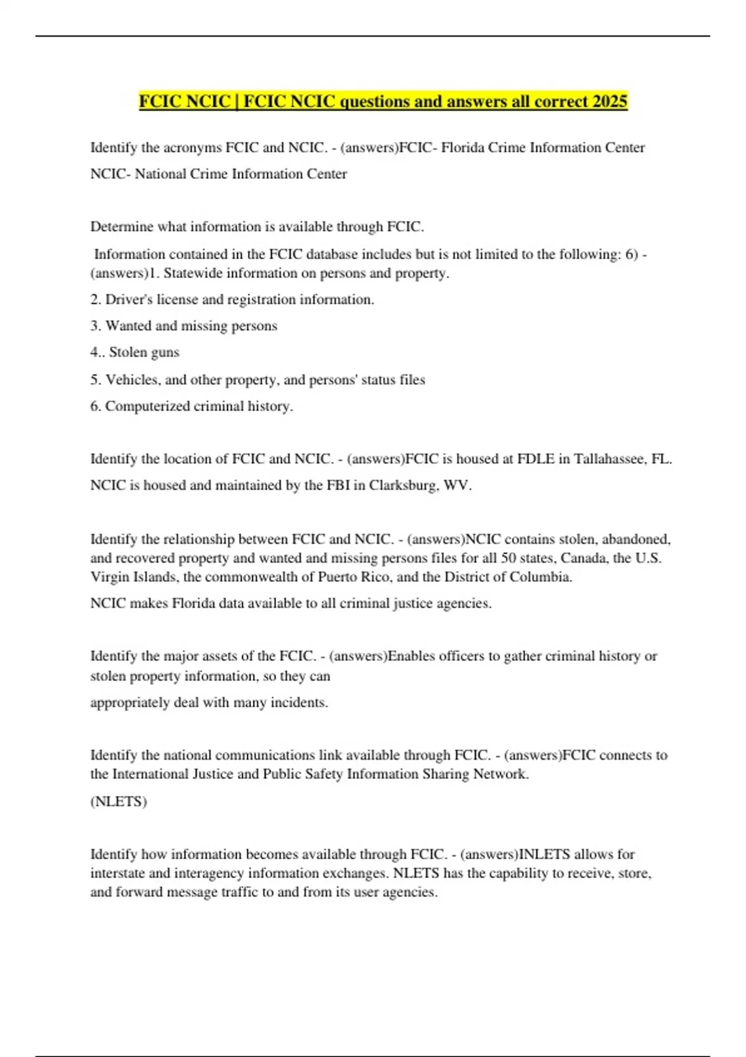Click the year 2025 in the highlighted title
[610, 101]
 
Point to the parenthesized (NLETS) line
[119, 801]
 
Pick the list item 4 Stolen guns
[135, 353]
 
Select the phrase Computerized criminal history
[198, 406]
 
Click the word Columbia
[540, 577]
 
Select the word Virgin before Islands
[109, 577]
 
